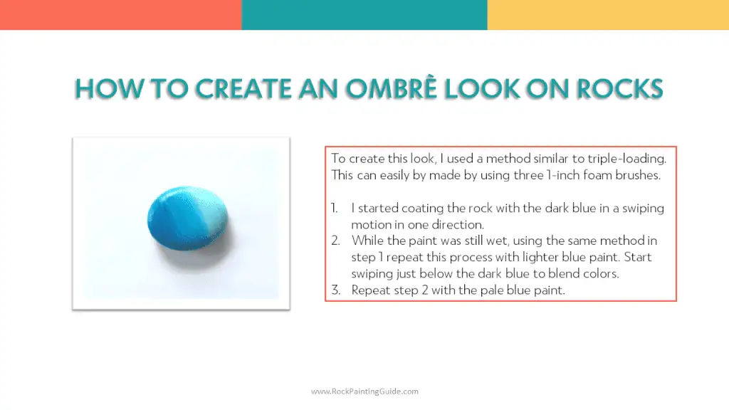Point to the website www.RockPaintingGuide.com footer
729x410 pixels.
[x=364, y=391]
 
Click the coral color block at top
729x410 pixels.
[x=120, y=14]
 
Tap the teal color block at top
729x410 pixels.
[x=364, y=14]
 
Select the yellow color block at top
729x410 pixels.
[x=608, y=14]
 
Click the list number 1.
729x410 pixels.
[x=335, y=208]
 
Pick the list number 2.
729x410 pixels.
[x=335, y=241]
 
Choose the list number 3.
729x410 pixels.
[x=335, y=290]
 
